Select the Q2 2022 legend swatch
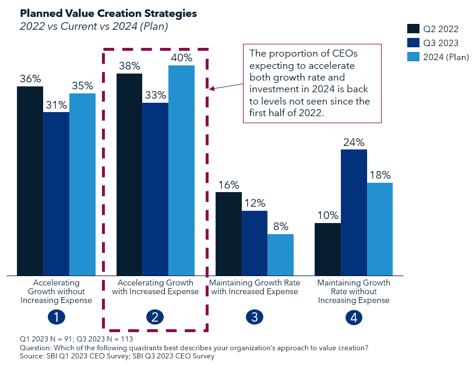(x=413, y=29)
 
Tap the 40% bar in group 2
(x=182, y=169)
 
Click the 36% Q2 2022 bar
(x=30, y=181)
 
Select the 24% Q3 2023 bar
(x=354, y=213)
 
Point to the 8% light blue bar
(x=280, y=255)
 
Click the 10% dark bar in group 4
(x=327, y=249)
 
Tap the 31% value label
(x=56, y=104)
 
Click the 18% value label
(x=380, y=175)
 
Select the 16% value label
(x=229, y=184)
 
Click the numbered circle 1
(x=56, y=318)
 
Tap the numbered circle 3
(x=255, y=318)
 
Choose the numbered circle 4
(x=354, y=318)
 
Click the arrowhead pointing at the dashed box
(x=212, y=89)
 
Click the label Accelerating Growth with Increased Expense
(x=155, y=287)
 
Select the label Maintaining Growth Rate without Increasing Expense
(x=354, y=291)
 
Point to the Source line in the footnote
(x=117, y=356)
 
